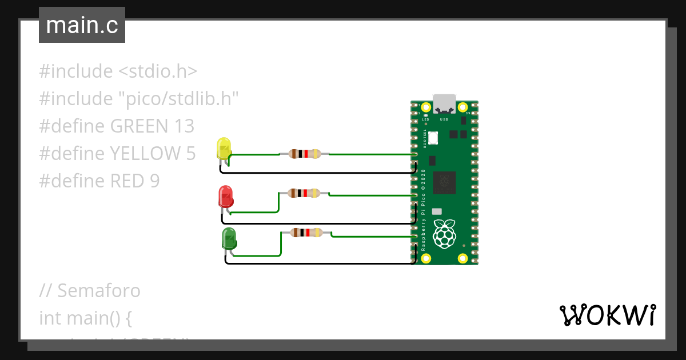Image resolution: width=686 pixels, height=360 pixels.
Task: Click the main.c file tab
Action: [x=82, y=26]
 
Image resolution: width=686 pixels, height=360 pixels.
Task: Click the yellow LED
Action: [x=223, y=149]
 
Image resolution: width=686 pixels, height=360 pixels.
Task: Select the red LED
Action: [x=225, y=196]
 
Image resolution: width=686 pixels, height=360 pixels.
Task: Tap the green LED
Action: [x=229, y=238]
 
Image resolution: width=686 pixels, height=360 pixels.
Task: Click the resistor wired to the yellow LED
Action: [x=304, y=153]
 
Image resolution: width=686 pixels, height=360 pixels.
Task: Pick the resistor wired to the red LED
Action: [x=304, y=193]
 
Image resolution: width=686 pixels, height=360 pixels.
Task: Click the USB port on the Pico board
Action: [x=444, y=104]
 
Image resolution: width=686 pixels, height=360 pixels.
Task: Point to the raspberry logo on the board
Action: [x=445, y=234]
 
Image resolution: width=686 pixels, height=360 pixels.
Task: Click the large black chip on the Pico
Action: [x=445, y=182]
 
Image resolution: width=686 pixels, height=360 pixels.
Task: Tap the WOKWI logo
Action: [x=607, y=315]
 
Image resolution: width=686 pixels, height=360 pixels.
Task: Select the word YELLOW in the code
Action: [x=145, y=154]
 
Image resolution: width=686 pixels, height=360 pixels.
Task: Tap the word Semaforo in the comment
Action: [x=98, y=291]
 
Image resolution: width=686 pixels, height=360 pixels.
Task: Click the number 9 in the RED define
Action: [x=154, y=181]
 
